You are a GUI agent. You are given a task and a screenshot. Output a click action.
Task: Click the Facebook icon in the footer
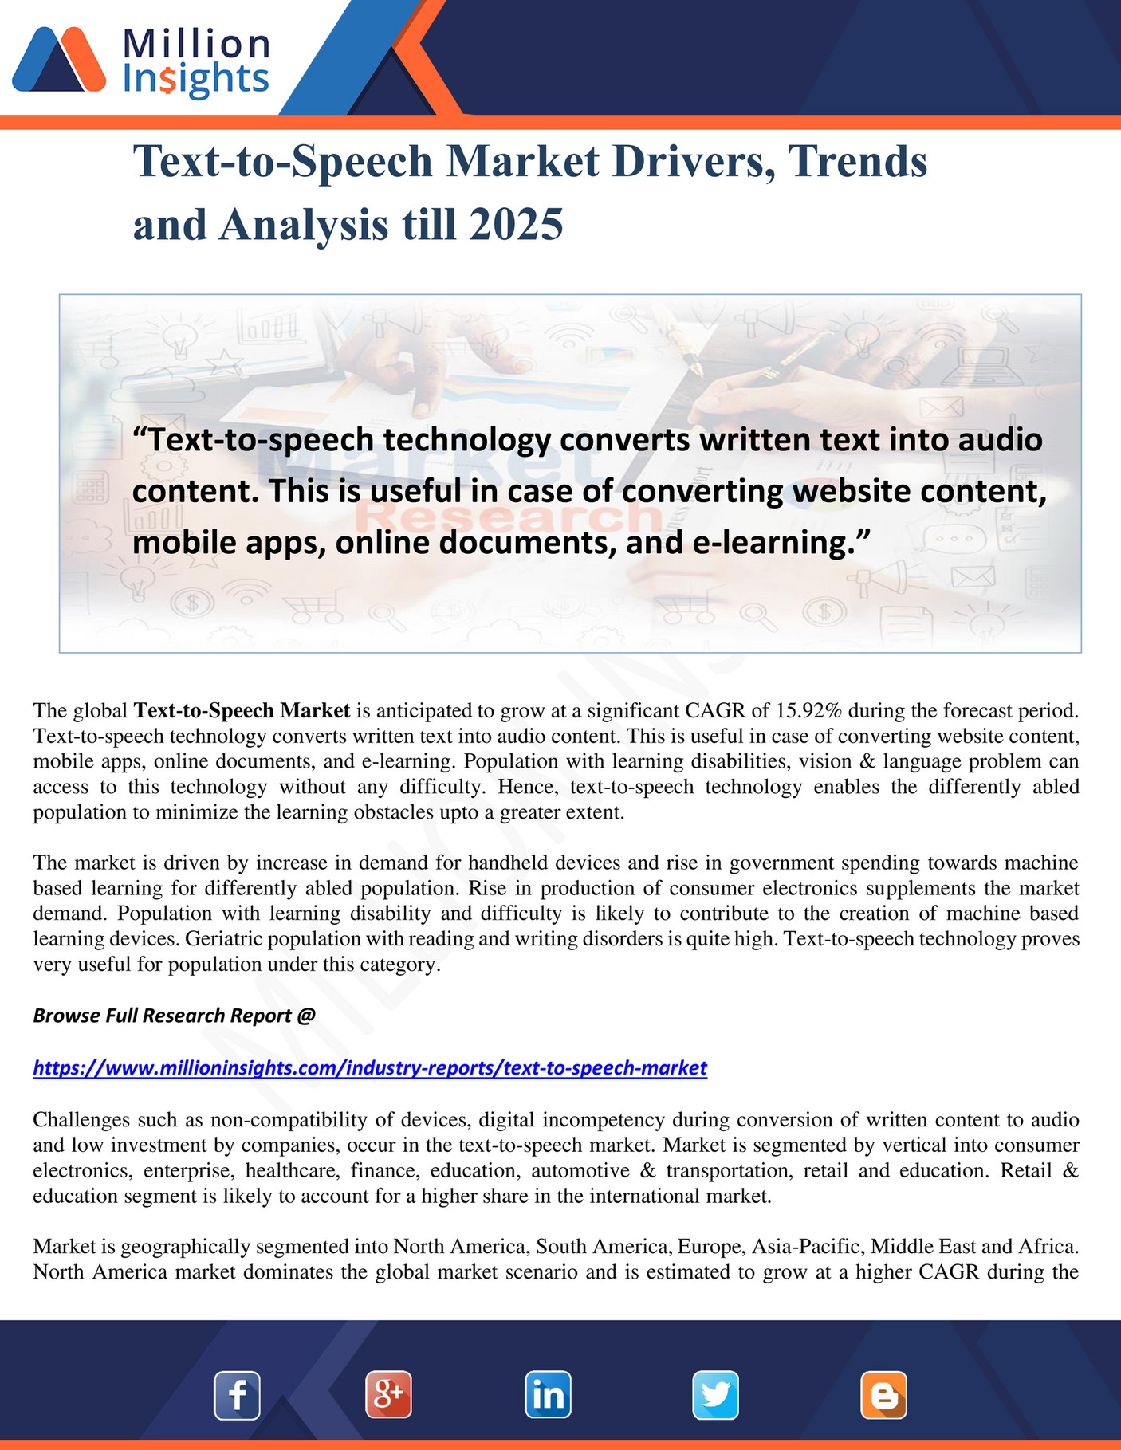237,1395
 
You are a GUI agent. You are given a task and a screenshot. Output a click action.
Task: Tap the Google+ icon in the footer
388,1395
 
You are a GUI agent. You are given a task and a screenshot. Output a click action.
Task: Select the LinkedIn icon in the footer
548,1395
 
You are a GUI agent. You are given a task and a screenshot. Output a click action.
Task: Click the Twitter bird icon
715,1395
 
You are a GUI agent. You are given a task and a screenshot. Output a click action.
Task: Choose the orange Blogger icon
883,1395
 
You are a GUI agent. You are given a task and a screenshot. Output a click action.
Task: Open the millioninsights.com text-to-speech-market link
370,1067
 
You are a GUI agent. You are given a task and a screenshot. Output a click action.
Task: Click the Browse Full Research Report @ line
174,1016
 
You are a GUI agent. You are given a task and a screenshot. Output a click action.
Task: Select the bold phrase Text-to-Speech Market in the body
242,710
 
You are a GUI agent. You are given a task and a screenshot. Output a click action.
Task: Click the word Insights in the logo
196,80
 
